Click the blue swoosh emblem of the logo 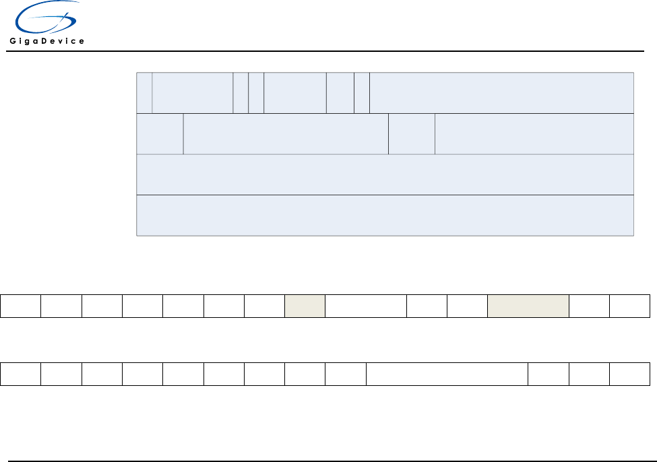pyautogui.click(x=44, y=19)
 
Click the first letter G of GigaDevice pyautogui.click(x=13, y=41)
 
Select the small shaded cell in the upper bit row pyautogui.click(x=305, y=305)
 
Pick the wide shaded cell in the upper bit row pyautogui.click(x=528, y=305)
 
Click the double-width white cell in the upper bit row pyautogui.click(x=366, y=305)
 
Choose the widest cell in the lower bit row pyautogui.click(x=447, y=374)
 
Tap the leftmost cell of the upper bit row pyautogui.click(x=20, y=305)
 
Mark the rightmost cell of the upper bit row pyautogui.click(x=630, y=305)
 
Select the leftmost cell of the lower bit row pyautogui.click(x=20, y=374)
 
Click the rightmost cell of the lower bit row pyautogui.click(x=630, y=374)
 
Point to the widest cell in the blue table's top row pyautogui.click(x=501, y=92)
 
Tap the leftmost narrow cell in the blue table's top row pyautogui.click(x=144, y=92)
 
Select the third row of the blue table pyautogui.click(x=385, y=174)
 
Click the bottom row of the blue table pyautogui.click(x=385, y=216)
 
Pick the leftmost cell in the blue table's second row pyautogui.click(x=160, y=134)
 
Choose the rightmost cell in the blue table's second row pyautogui.click(x=534, y=134)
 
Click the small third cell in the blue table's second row pyautogui.click(x=412, y=134)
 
